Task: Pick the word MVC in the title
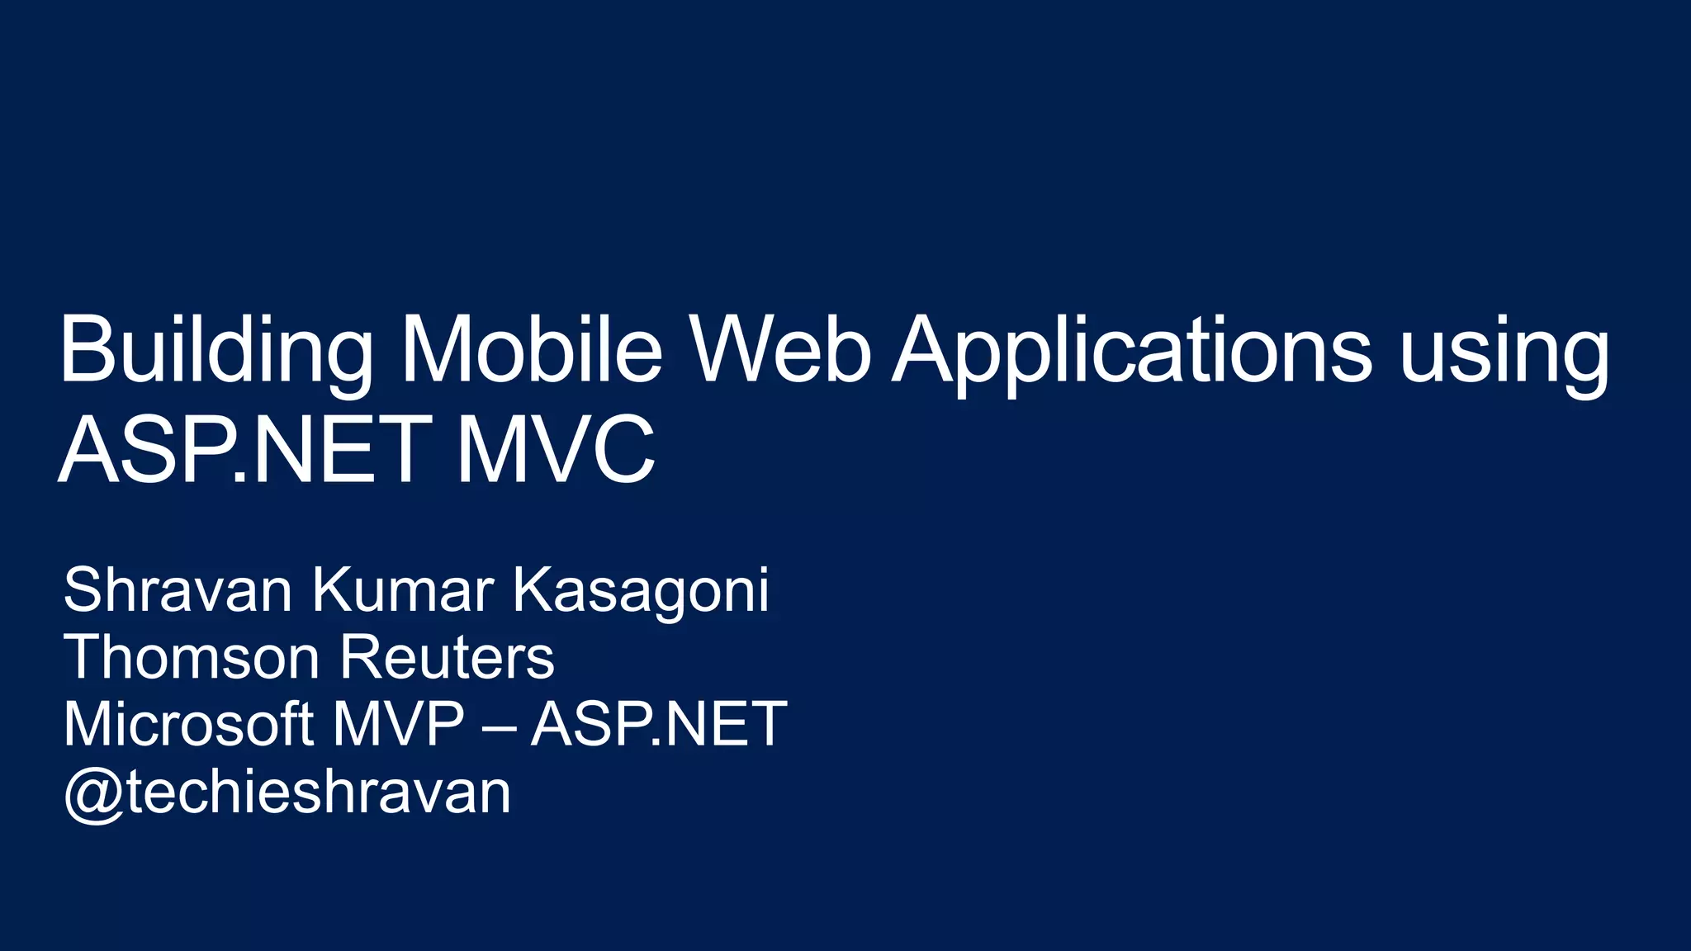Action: pyautogui.click(x=556, y=451)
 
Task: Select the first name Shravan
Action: pyautogui.click(x=178, y=590)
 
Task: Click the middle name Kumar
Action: pyautogui.click(x=403, y=590)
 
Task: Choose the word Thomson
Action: pyautogui.click(x=192, y=657)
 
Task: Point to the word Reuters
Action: pyautogui.click(x=447, y=658)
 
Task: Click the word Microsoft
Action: pyautogui.click(x=187, y=724)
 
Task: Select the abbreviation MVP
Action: pyautogui.click(x=399, y=724)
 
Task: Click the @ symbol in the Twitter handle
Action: pyautogui.click(x=93, y=793)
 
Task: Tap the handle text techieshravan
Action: pyautogui.click(x=319, y=791)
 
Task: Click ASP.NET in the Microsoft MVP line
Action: pyautogui.click(x=659, y=724)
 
